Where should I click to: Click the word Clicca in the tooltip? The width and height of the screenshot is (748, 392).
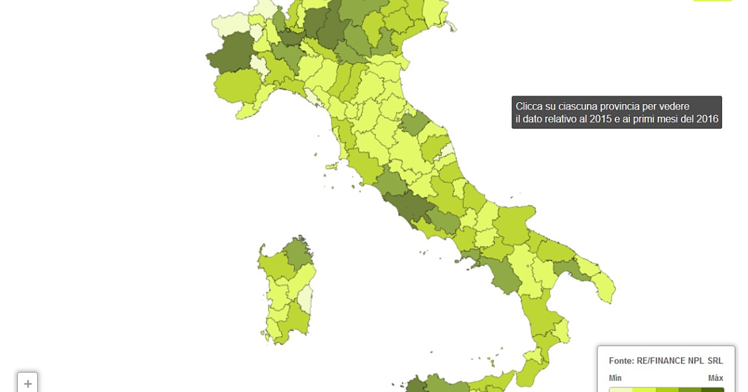[530, 107]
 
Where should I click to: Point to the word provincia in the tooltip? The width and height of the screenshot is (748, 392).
[621, 107]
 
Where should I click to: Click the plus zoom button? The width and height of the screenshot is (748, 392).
[28, 383]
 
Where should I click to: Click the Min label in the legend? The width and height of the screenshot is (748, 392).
[615, 378]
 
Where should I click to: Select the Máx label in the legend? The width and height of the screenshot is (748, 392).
[715, 378]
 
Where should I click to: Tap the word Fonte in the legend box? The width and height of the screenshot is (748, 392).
[621, 361]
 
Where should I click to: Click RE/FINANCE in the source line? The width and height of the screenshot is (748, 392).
[663, 361]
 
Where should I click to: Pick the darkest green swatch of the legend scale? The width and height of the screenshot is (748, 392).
[713, 389]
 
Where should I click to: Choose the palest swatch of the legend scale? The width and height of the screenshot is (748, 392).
[621, 389]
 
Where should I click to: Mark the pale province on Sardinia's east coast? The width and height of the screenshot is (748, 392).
[304, 298]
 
